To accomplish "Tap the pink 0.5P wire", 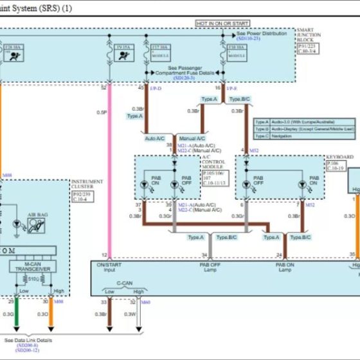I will coord(110,161).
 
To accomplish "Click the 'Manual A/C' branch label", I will coord(192,138).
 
